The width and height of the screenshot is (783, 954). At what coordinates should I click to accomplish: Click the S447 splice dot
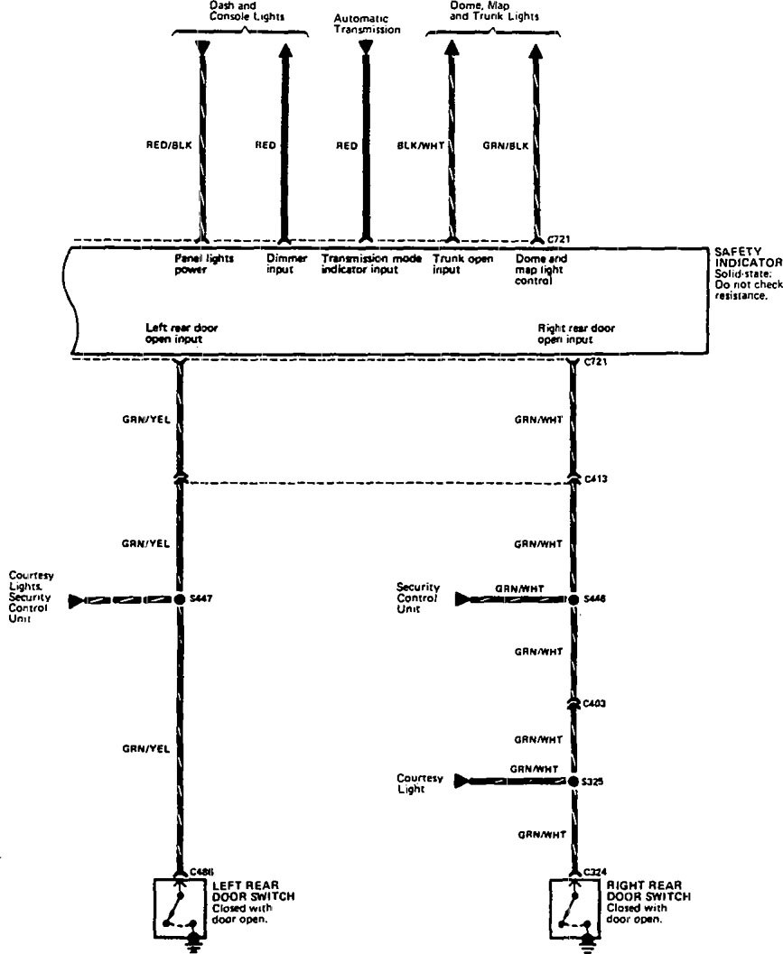coord(181,598)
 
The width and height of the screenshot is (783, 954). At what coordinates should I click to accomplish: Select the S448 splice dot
coord(573,598)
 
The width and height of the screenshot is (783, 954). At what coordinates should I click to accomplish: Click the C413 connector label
coord(595,479)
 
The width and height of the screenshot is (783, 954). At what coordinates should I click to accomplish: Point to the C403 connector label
coord(594,701)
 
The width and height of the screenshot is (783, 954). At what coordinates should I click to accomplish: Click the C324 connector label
coord(594,872)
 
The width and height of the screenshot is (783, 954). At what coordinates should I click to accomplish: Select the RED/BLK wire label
coord(169,144)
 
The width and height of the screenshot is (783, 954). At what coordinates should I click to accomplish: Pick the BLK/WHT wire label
coord(421,144)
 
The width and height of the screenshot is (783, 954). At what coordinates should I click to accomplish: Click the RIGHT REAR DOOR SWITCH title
coord(648,891)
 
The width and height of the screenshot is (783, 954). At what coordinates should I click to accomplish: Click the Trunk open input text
coord(462,264)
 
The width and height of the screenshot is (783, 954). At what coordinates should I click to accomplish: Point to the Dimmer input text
coord(286,264)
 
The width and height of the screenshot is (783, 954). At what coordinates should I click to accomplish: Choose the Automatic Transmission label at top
coord(366,23)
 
